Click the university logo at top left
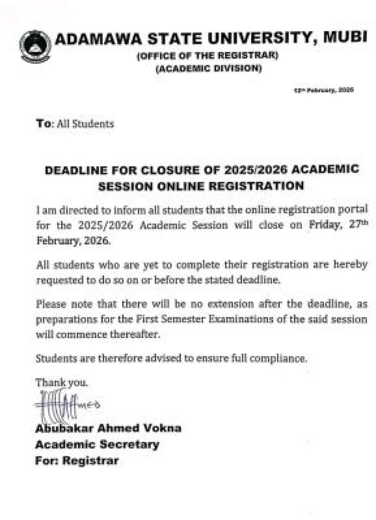pos(35,47)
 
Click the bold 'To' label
pos(43,123)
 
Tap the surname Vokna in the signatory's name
pos(161,429)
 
